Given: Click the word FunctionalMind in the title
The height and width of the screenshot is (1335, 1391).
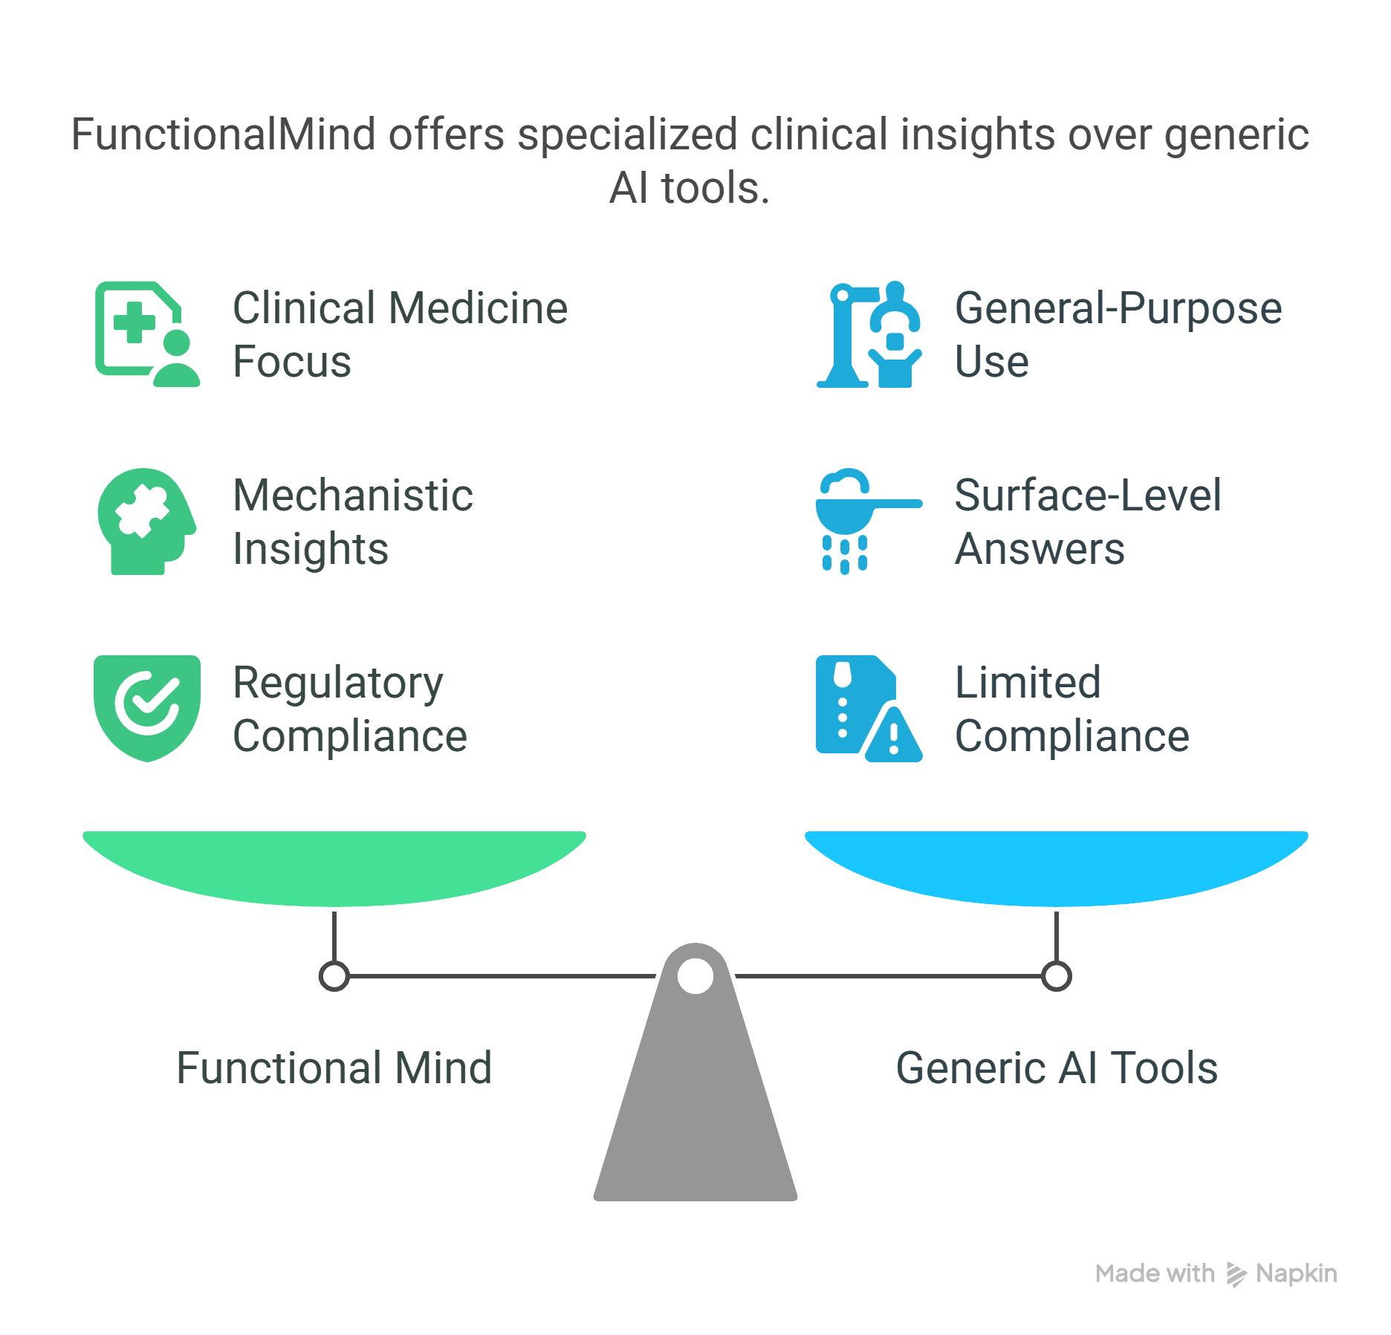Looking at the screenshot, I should coord(223,135).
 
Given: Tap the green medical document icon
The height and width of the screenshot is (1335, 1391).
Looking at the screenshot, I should coord(147,334).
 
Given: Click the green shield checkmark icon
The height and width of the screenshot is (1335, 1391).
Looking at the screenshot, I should coord(147,707).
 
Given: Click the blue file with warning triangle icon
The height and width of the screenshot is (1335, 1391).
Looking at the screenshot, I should coord(868,708).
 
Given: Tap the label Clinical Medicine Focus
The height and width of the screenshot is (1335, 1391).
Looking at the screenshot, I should coord(400,334).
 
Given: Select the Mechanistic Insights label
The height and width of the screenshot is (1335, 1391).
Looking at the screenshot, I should coord(352,522).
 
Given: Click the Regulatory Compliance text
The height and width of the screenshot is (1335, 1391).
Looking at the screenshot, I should coord(349,709).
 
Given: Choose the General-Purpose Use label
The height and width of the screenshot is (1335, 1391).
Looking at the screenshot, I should coord(1118,334).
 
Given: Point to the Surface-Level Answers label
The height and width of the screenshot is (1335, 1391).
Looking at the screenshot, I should coord(1087,522).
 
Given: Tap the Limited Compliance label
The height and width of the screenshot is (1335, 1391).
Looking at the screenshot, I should coord(1071,709).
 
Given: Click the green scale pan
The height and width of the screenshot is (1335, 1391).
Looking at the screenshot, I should coord(334,865).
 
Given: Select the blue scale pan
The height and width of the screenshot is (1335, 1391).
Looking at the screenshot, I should coord(1056,865).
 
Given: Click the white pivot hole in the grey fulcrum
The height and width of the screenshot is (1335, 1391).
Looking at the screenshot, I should coord(695,975).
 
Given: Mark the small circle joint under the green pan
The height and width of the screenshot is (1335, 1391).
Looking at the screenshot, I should coord(334,976).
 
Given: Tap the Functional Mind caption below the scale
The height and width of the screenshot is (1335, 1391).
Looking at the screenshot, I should coord(334,1068).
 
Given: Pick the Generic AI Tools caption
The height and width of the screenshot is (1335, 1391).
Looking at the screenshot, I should coord(1057,1068).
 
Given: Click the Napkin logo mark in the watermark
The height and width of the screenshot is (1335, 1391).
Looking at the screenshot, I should coord(1236,1274).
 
